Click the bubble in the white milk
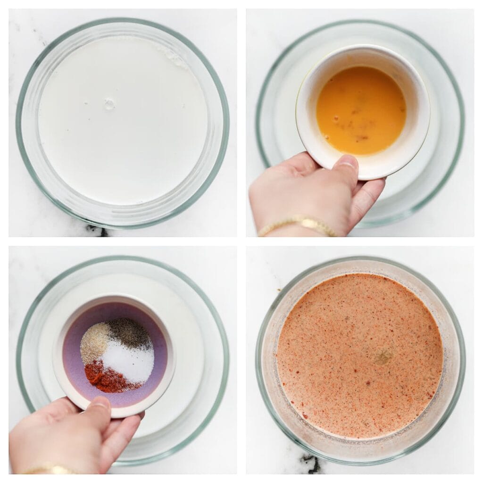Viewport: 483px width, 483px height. pyautogui.click(x=109, y=104)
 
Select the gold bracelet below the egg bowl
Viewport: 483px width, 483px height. pyautogui.click(x=297, y=224)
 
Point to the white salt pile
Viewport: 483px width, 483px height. pyautogui.click(x=128, y=362)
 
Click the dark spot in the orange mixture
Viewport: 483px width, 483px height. pyautogui.click(x=383, y=356)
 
